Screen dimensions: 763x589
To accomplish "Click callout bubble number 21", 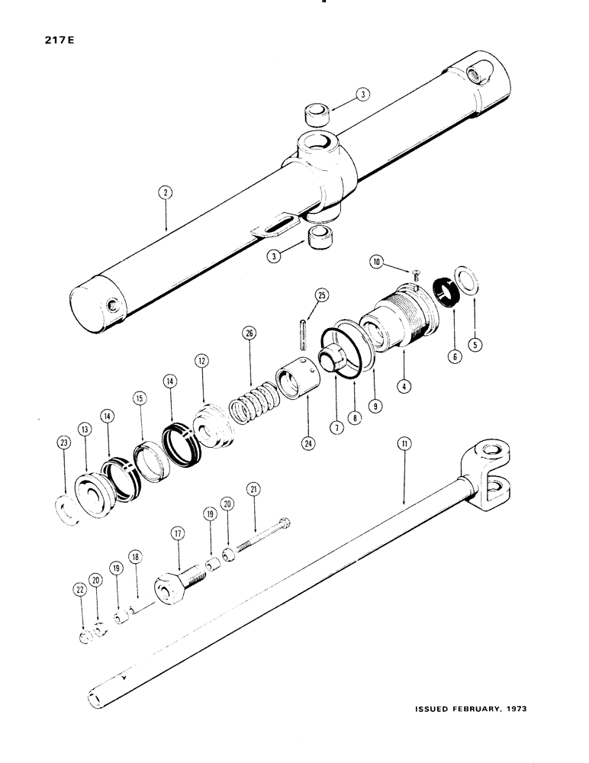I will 252,488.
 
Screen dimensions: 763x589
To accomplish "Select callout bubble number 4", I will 406,386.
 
